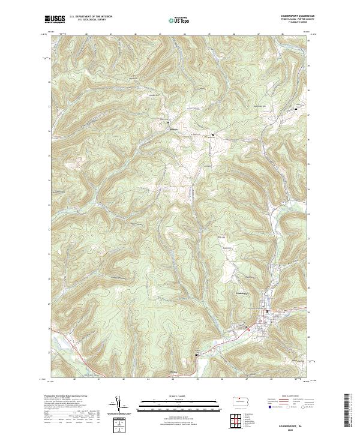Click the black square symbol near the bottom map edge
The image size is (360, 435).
196,355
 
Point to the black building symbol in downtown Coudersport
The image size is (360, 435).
268,312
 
